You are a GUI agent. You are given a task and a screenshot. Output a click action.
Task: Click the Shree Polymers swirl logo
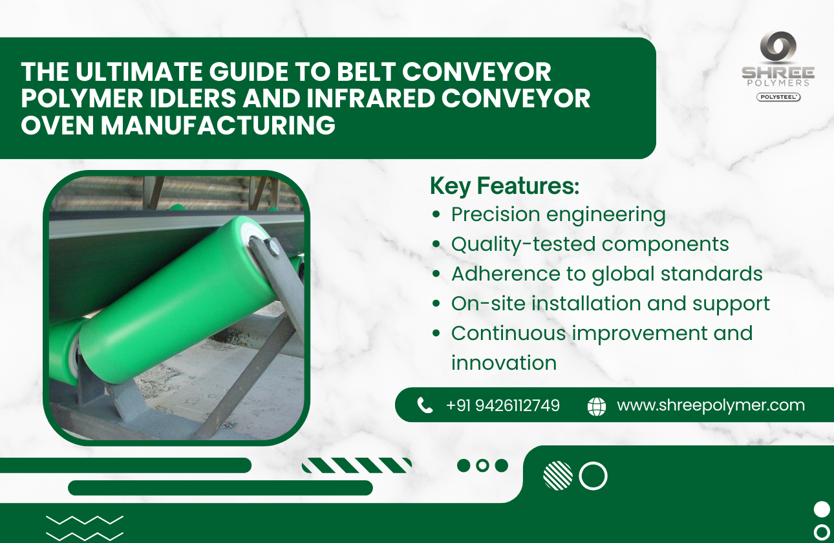pos(778,48)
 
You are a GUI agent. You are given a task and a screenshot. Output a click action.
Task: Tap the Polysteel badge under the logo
pos(778,97)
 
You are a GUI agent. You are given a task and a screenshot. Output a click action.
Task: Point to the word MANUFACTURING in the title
pos(218,125)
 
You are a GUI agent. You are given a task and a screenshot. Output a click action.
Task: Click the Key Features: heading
pos(504,186)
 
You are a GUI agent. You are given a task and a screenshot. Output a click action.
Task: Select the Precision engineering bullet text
pos(558,215)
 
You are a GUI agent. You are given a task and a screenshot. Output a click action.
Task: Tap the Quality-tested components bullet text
pos(590,244)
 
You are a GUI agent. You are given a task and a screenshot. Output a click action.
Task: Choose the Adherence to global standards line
pos(606,274)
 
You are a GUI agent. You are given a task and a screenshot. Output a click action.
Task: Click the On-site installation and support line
pos(610,304)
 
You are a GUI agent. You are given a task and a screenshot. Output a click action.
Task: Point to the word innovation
pos(504,363)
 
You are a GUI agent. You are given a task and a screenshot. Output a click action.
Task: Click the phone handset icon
pos(425,405)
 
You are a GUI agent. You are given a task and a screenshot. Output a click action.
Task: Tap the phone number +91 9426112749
pos(502,405)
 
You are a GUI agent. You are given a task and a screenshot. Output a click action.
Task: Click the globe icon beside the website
pos(596,406)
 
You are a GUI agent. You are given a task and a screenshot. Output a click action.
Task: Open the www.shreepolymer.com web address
pos(711,405)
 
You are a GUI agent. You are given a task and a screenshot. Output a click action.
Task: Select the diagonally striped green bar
pos(356,465)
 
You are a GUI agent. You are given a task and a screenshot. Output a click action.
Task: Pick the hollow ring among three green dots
pos(482,465)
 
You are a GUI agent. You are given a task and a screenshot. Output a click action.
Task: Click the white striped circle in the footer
pos(557,476)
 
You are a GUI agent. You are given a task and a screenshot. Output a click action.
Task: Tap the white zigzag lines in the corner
pos(85,527)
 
